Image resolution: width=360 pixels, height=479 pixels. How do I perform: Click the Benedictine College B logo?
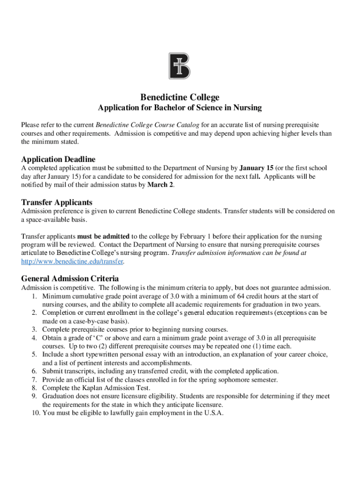[180, 66]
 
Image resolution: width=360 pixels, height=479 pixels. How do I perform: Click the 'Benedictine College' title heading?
[180, 97]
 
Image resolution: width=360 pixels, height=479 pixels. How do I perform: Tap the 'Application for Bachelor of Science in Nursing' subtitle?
[180, 108]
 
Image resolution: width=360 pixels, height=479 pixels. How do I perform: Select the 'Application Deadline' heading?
[58, 159]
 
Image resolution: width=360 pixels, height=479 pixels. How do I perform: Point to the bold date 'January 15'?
[256, 168]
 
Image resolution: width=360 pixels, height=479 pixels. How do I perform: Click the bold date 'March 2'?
[160, 185]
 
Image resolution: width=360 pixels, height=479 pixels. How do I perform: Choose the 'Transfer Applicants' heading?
[57, 203]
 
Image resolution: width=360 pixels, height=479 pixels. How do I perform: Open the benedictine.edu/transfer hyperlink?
[72, 261]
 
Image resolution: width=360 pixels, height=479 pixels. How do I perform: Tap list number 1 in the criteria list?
[35, 297]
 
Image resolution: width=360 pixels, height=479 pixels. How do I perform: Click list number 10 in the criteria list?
[33, 413]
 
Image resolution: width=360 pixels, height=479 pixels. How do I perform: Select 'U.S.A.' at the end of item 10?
[212, 413]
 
